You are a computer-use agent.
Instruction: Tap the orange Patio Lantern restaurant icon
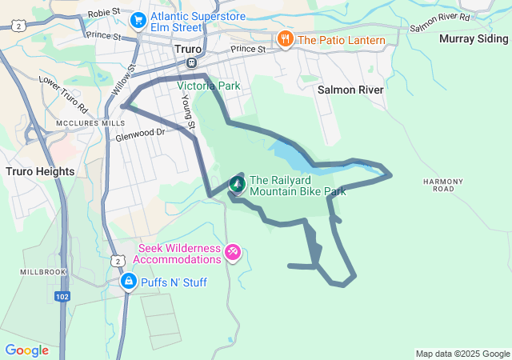click(x=285, y=39)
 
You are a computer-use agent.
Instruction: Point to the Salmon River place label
click(x=350, y=90)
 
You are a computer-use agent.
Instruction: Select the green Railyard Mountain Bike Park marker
click(x=238, y=185)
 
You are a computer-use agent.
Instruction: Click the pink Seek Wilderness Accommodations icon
click(x=232, y=253)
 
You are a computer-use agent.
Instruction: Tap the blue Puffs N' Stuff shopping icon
click(x=128, y=282)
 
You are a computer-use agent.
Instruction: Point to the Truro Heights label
click(x=39, y=171)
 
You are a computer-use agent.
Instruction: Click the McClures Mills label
click(x=90, y=123)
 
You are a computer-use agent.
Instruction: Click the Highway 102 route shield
click(x=62, y=296)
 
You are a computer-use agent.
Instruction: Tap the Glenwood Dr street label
click(x=140, y=134)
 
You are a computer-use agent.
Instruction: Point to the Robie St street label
click(x=103, y=13)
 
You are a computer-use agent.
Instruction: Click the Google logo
click(x=26, y=350)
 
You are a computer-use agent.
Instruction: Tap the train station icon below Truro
click(x=191, y=62)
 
